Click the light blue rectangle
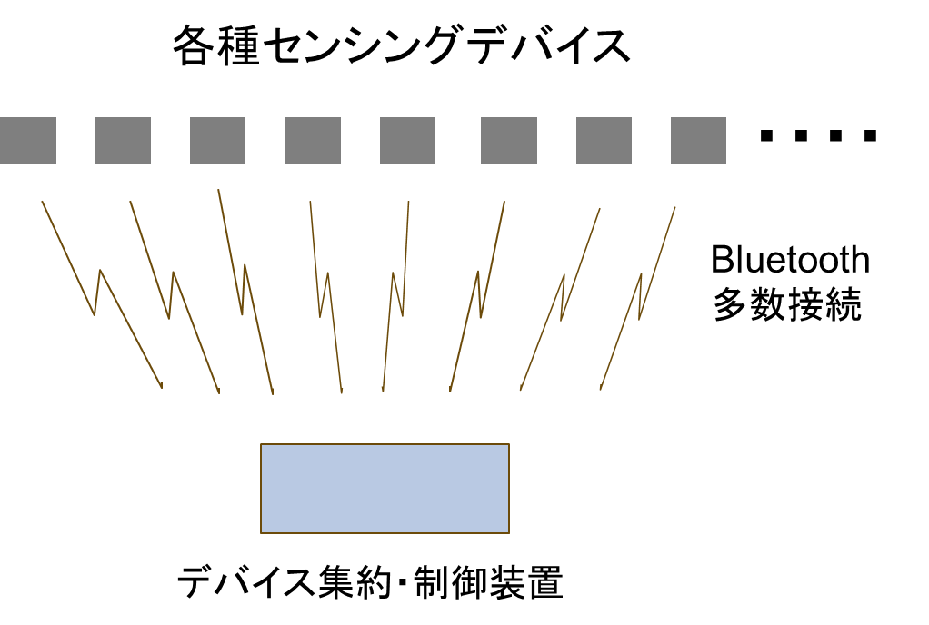click(385, 489)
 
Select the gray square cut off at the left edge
click(27, 140)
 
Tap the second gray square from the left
click(123, 140)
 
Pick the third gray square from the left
click(217, 140)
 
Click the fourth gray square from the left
click(313, 140)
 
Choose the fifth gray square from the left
click(407, 140)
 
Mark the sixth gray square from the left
click(509, 140)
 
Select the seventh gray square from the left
click(604, 140)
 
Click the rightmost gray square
click(698, 140)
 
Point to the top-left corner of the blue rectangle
click(261, 444)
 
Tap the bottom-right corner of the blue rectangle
click(509, 533)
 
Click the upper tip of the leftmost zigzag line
click(42, 202)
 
